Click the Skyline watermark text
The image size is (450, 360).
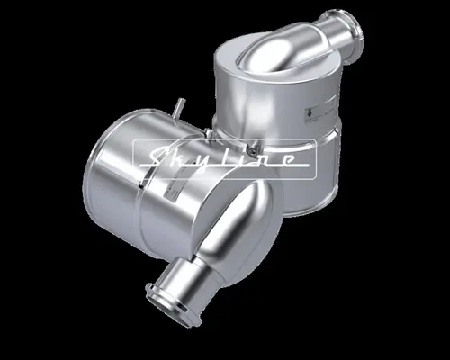(224, 158)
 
